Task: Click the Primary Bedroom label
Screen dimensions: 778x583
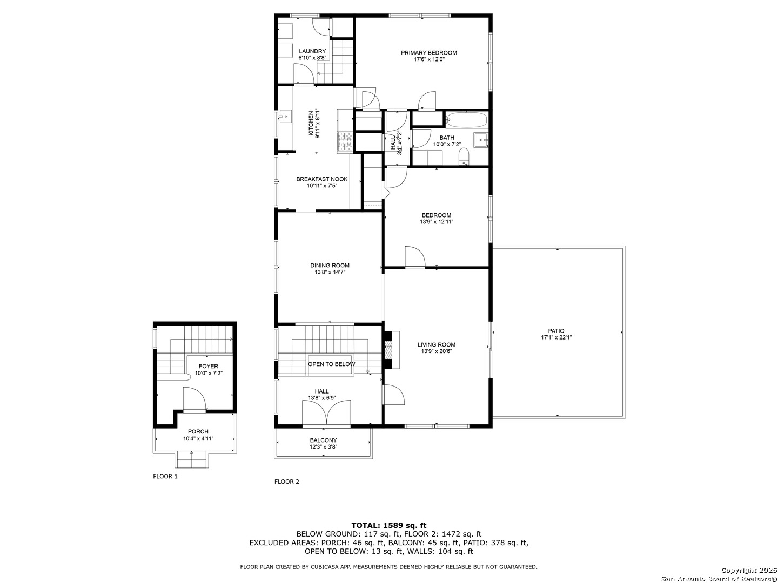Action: pos(428,53)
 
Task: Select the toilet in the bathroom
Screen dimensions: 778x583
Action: pos(464,157)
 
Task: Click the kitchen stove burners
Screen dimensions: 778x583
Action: pos(345,141)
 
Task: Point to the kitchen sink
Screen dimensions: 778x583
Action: pos(285,115)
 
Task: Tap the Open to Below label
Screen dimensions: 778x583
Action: pos(331,364)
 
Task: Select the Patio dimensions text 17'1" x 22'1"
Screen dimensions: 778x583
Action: pos(556,337)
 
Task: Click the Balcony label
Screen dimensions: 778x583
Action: pos(323,440)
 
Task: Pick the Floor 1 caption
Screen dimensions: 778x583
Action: pos(165,477)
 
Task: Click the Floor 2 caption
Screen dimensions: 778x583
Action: pos(286,482)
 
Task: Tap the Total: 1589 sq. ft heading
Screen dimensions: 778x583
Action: pos(388,525)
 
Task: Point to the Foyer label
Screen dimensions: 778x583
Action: pos(208,367)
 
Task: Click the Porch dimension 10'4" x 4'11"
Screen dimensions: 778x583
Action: pos(198,438)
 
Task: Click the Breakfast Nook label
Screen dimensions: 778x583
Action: pos(322,179)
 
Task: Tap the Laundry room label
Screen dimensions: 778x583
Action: pos(312,51)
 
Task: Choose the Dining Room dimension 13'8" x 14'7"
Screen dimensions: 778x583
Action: pos(330,272)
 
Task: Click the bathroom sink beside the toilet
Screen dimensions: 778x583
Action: pos(481,140)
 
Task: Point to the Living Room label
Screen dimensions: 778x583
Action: pos(437,344)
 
